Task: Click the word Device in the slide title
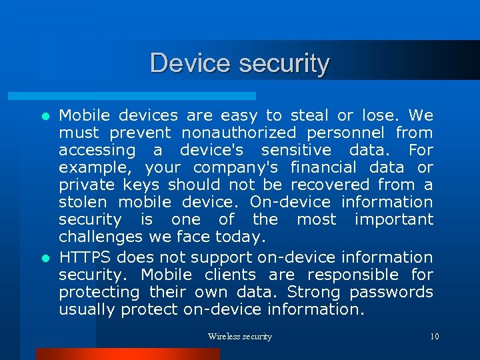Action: pos(191,63)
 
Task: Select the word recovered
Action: pos(330,185)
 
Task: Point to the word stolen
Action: pos(82,202)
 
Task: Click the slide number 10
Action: pos(434,337)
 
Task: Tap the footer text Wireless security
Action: pos(240,337)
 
